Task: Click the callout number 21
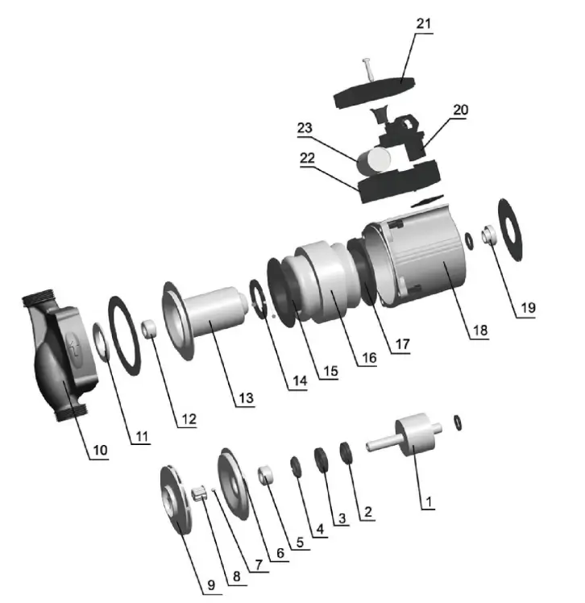424,24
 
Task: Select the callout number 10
100,450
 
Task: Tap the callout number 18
480,330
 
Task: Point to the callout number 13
246,398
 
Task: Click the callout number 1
429,501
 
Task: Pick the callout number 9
211,585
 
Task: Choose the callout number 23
305,127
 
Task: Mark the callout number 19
528,308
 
